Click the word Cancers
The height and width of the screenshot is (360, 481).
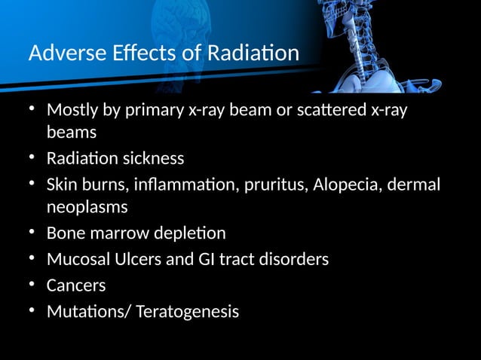(76, 285)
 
